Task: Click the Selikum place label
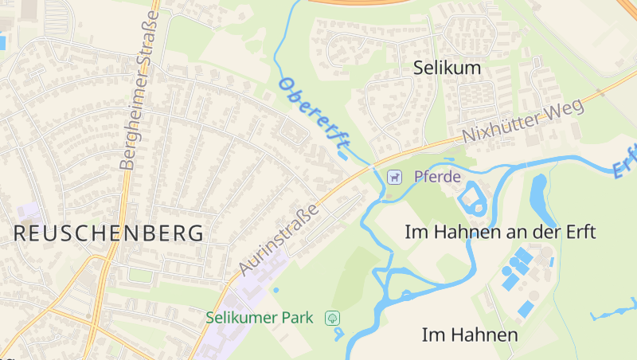pos(447,68)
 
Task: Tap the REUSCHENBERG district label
pos(108,233)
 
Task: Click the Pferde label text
pos(437,177)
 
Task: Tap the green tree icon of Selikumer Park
pos(333,318)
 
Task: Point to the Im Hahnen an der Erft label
pos(500,232)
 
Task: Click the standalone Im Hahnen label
pos(470,335)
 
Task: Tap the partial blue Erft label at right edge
pos(626,159)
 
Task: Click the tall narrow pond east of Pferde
pos(539,199)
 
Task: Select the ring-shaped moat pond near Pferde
pos(472,197)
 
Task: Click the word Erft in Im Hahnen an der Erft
pos(578,232)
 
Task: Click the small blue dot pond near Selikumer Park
pos(276,290)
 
